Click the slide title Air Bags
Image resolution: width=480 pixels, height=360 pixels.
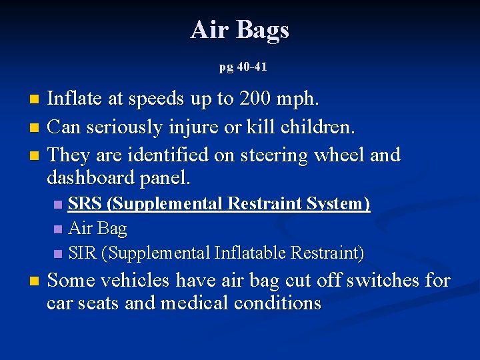[239, 30]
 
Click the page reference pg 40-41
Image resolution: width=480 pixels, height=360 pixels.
[243, 67]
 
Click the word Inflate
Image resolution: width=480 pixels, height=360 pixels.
[75, 99]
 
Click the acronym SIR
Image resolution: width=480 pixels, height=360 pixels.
[84, 253]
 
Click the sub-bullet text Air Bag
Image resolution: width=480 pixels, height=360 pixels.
[97, 229]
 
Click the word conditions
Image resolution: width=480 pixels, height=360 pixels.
[277, 303]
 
